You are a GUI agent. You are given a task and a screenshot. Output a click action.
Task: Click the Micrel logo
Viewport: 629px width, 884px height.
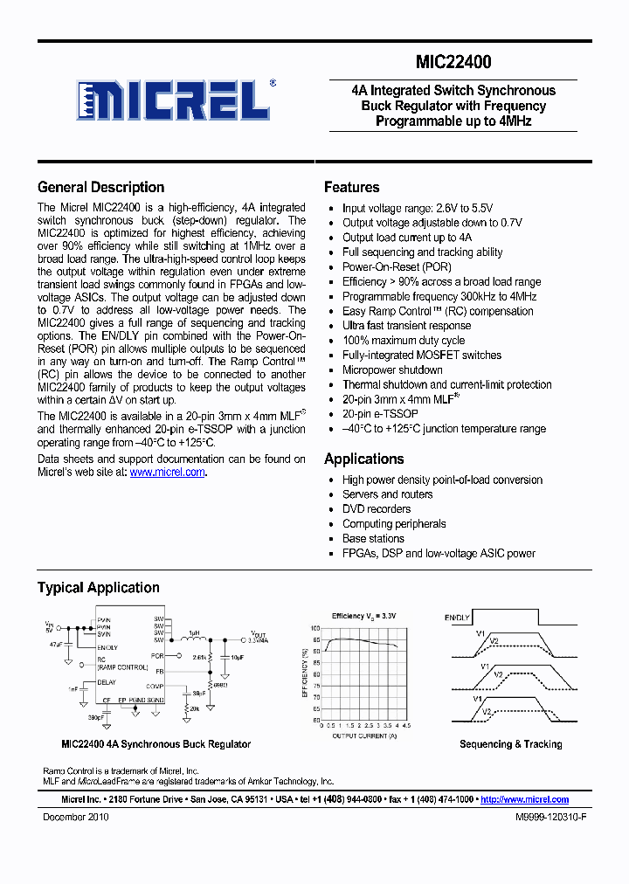[174, 100]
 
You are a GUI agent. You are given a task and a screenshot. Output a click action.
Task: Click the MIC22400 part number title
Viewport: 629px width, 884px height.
[453, 62]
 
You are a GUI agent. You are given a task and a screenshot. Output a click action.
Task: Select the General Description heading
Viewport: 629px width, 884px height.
[100, 187]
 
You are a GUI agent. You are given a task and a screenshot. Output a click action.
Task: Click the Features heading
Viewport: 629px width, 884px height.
[351, 187]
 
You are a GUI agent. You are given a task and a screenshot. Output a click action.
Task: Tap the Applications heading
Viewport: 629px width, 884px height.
[363, 459]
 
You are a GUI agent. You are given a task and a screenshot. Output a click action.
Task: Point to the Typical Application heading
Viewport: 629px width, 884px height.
[98, 588]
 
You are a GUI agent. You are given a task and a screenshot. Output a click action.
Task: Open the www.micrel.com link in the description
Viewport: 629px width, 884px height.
[168, 472]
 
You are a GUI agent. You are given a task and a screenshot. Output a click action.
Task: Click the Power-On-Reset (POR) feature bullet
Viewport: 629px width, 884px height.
[397, 266]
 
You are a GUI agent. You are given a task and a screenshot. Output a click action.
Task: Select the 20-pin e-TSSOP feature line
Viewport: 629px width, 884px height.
[380, 414]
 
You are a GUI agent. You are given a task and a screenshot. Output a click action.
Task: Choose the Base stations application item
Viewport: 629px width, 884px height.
[373, 539]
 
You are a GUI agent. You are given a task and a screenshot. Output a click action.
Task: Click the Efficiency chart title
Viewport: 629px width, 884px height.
[363, 617]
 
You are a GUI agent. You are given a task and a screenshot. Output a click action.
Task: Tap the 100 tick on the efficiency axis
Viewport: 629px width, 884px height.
[315, 629]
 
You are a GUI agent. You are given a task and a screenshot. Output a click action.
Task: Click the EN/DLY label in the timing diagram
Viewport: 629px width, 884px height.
[457, 618]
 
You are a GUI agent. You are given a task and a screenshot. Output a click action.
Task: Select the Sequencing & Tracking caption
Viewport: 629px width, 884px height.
[511, 744]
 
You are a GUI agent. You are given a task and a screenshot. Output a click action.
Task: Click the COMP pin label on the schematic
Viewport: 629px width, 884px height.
[156, 686]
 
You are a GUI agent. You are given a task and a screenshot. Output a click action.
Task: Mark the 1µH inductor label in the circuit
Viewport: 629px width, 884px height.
[195, 632]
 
